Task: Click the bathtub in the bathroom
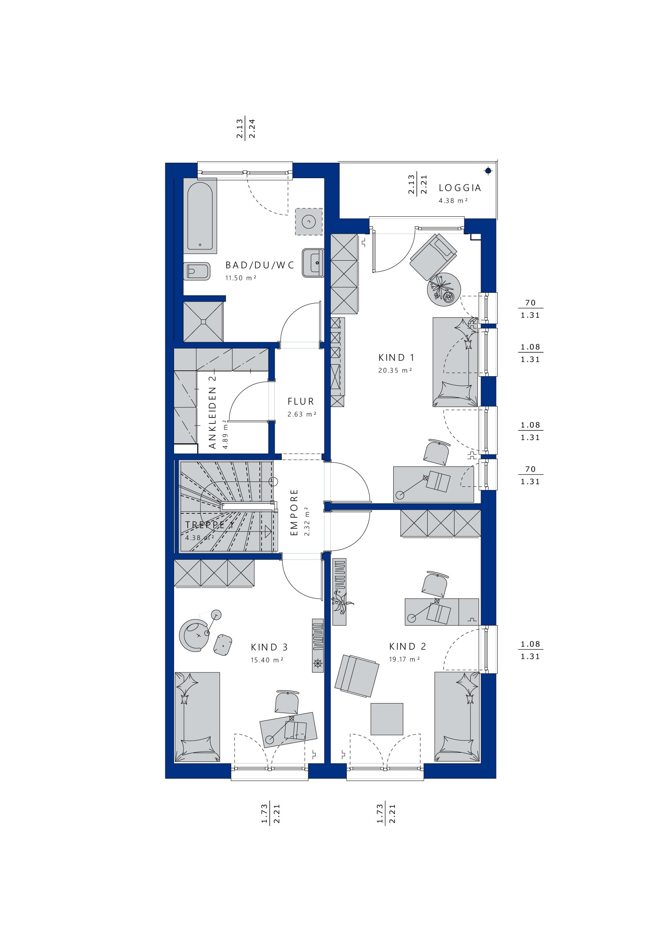[x=200, y=216]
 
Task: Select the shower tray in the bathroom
[x=203, y=322]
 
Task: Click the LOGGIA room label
[x=460, y=188]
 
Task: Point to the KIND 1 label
[x=396, y=357]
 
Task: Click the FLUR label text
[x=301, y=401]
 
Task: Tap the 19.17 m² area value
[x=404, y=659]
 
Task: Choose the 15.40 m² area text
[x=267, y=660]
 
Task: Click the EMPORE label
[x=294, y=513]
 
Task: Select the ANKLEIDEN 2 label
[x=213, y=412]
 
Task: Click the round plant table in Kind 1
[x=444, y=289]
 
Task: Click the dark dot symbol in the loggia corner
[x=489, y=171]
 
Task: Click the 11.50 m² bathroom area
[x=241, y=278]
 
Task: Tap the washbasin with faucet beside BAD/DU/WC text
[x=313, y=263]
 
